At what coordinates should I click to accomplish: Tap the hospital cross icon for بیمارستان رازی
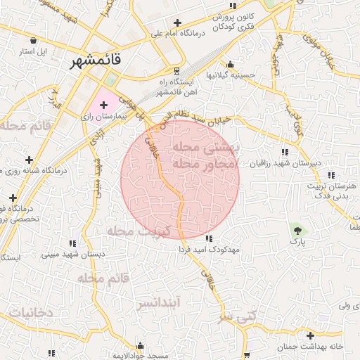coord(103,104)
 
